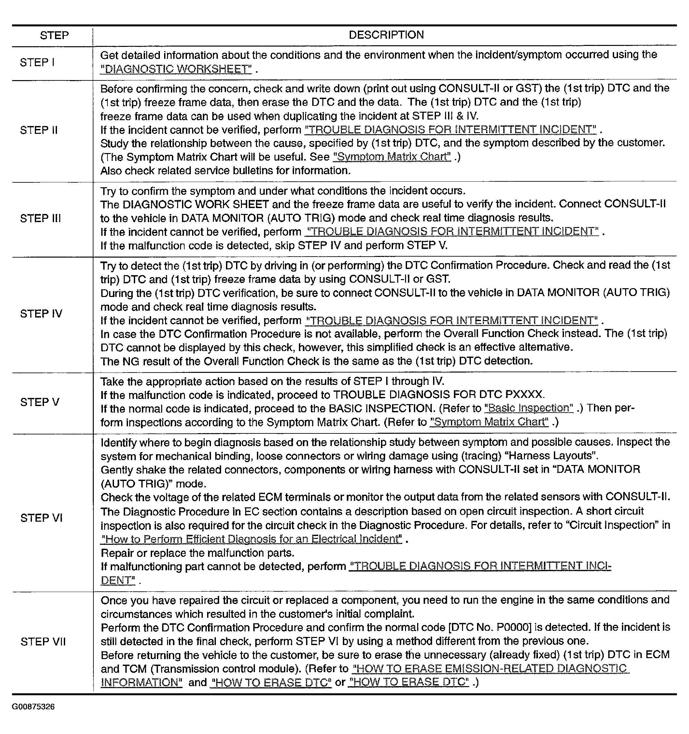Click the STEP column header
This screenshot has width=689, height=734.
[54, 35]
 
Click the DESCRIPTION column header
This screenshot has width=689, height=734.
[386, 35]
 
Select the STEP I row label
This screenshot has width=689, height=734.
[37, 63]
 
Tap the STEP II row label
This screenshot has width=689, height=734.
[39, 130]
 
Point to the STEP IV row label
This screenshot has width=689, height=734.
[41, 314]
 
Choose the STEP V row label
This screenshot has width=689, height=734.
[39, 402]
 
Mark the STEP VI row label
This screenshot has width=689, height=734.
[41, 518]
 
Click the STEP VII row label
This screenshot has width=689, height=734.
[43, 642]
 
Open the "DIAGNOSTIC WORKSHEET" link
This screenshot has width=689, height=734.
[176, 69]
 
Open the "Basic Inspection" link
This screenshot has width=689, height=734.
[529, 408]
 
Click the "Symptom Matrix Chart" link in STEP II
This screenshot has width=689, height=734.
[392, 157]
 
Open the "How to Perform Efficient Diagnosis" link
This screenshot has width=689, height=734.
[251, 539]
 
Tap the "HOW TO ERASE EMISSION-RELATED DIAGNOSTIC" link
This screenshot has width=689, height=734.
[491, 669]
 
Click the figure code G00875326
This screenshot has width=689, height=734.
[33, 707]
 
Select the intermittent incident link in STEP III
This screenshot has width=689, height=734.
[452, 232]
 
